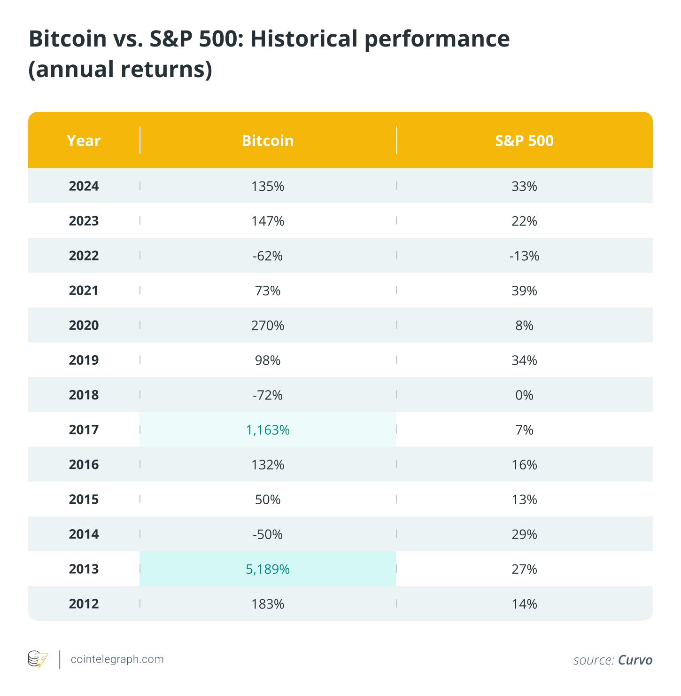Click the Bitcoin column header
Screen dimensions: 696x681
[x=268, y=141]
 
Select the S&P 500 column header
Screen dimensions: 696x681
[x=524, y=141]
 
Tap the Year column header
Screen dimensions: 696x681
[x=84, y=141]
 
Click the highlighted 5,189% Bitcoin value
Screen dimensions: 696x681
[x=268, y=569]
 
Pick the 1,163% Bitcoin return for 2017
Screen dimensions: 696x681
[x=268, y=430]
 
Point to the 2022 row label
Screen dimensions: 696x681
[x=84, y=256]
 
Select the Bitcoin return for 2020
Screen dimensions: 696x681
[x=268, y=325]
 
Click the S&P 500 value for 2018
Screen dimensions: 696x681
[x=524, y=395]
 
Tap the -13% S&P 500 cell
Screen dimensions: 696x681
[x=524, y=256]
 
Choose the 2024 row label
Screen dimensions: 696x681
[x=84, y=186]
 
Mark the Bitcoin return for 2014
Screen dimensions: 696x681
[x=268, y=534]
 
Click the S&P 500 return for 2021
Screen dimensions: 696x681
[x=524, y=291]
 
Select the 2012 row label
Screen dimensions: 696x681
[x=84, y=604]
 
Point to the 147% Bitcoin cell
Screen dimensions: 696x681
[x=268, y=221]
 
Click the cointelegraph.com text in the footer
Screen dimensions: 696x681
[x=117, y=659]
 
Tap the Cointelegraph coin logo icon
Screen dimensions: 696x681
[x=38, y=659]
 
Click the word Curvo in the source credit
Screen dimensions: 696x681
[x=635, y=660]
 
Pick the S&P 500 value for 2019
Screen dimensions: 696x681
[x=524, y=360]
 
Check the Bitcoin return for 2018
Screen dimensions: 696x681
[x=268, y=395]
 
